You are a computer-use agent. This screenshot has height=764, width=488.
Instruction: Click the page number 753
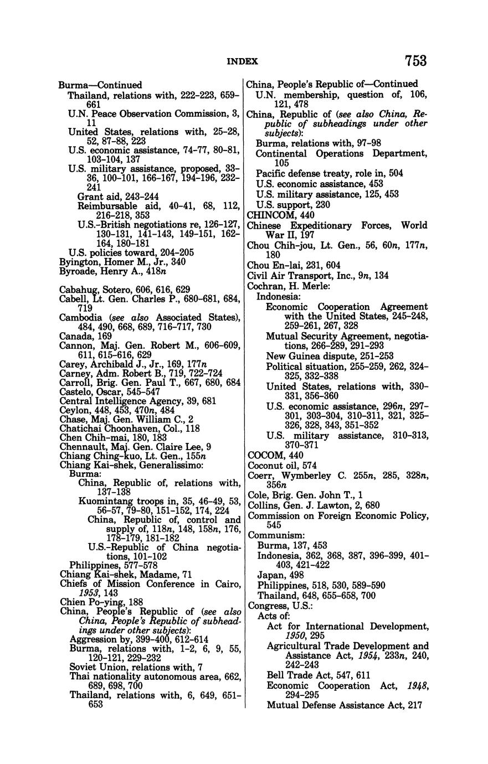[x=415, y=60]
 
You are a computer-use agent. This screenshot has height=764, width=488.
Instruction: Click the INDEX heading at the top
[x=243, y=61]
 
